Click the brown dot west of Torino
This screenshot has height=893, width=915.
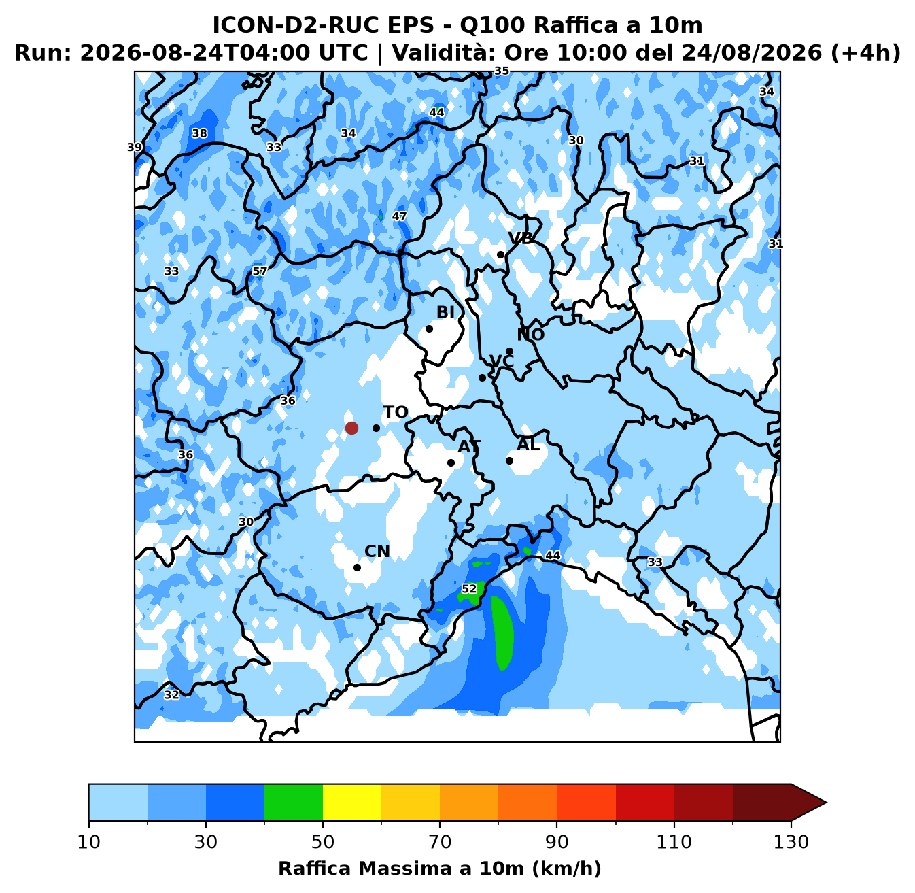(x=351, y=428)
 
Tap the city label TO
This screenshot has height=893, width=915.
(x=396, y=412)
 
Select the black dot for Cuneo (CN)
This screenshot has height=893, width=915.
(x=357, y=567)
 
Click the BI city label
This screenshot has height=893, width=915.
(x=445, y=312)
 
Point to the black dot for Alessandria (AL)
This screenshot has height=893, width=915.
(x=509, y=460)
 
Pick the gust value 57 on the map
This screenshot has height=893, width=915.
(x=260, y=271)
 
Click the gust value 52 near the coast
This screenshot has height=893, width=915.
(x=469, y=588)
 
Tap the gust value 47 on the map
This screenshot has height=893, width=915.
(x=399, y=216)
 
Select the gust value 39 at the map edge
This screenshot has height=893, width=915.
(x=135, y=148)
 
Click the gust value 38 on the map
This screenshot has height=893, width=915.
(x=199, y=133)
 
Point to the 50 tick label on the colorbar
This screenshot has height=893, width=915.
(x=323, y=842)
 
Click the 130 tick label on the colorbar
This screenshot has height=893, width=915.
(x=791, y=842)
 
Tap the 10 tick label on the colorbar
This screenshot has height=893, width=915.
(x=88, y=842)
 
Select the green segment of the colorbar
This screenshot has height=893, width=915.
(x=294, y=803)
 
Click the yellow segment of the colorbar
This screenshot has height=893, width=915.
(x=352, y=803)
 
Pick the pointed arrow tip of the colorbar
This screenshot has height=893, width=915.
(x=826, y=803)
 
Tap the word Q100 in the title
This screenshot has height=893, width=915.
(x=491, y=25)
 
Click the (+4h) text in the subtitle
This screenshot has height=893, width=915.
(x=865, y=52)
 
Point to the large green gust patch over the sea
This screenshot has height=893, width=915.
(x=502, y=632)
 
